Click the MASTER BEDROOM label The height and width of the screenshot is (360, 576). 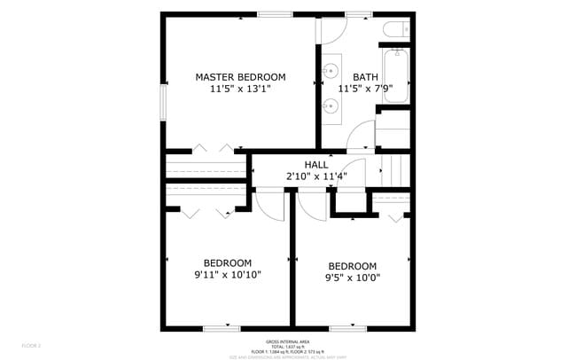click(240, 77)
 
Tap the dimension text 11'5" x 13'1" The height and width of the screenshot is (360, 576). click(240, 89)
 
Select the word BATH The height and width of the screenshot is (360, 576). click(364, 77)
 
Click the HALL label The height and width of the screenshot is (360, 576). click(316, 164)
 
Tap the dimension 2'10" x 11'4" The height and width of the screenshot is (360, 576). click(316, 176)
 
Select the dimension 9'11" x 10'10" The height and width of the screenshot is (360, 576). click(228, 274)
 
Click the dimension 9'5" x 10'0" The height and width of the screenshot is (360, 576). click(352, 278)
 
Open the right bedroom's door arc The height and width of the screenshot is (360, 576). click(311, 206)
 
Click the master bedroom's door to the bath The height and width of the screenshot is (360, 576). click(331, 30)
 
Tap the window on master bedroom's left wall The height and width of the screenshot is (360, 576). click(162, 102)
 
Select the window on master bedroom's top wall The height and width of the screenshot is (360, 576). click(275, 13)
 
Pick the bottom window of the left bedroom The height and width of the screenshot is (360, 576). click(221, 328)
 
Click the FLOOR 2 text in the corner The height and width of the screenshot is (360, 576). click(32, 345)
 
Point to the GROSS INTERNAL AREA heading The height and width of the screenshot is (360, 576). click(287, 341)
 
